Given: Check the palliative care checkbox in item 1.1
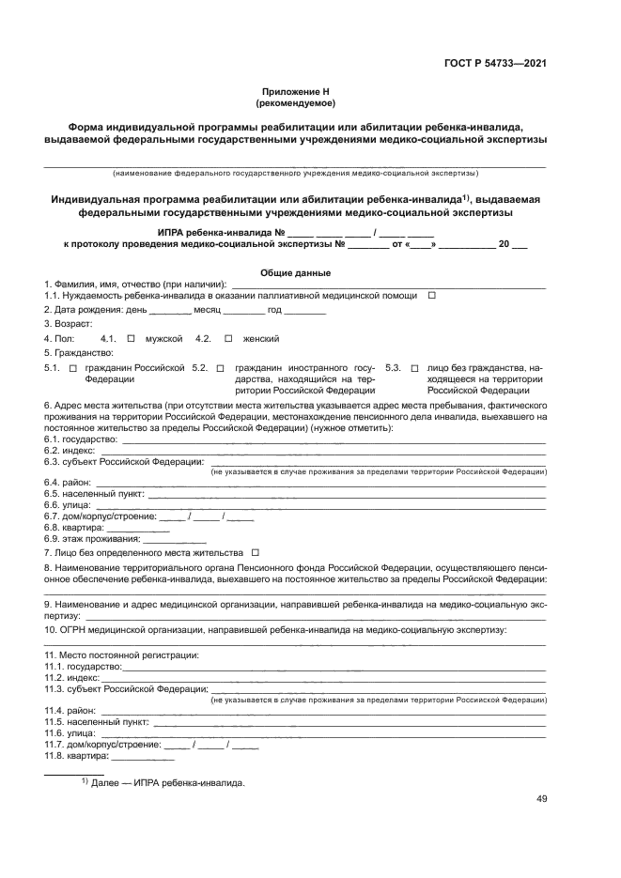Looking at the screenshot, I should click(432, 296).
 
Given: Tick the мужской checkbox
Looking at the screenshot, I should click(132, 338).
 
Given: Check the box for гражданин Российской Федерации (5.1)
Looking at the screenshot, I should click(72, 368).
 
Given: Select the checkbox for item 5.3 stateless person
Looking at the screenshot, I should click(414, 368).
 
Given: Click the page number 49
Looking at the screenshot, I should click(541, 799).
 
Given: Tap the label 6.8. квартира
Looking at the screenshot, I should click(75, 528).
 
